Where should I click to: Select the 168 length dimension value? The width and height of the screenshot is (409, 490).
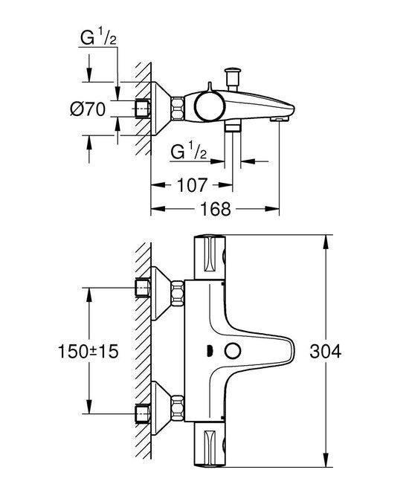pyautogui.click(x=216, y=208)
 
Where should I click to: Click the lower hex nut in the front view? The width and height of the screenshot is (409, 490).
pyautogui.click(x=178, y=407)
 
